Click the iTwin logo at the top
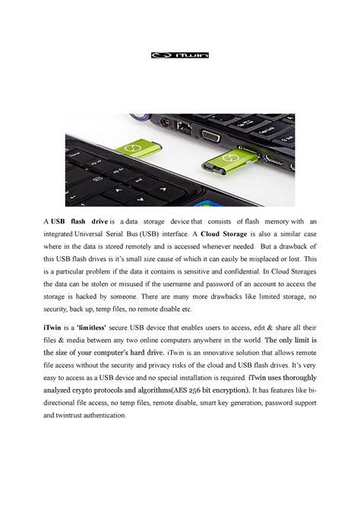179,55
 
